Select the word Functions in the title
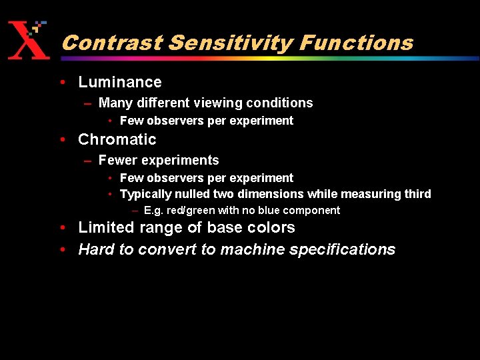click(357, 43)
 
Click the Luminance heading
click(120, 82)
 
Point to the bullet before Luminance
click(62, 83)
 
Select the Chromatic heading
click(117, 139)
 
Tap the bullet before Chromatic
click(62, 140)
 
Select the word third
click(417, 194)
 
